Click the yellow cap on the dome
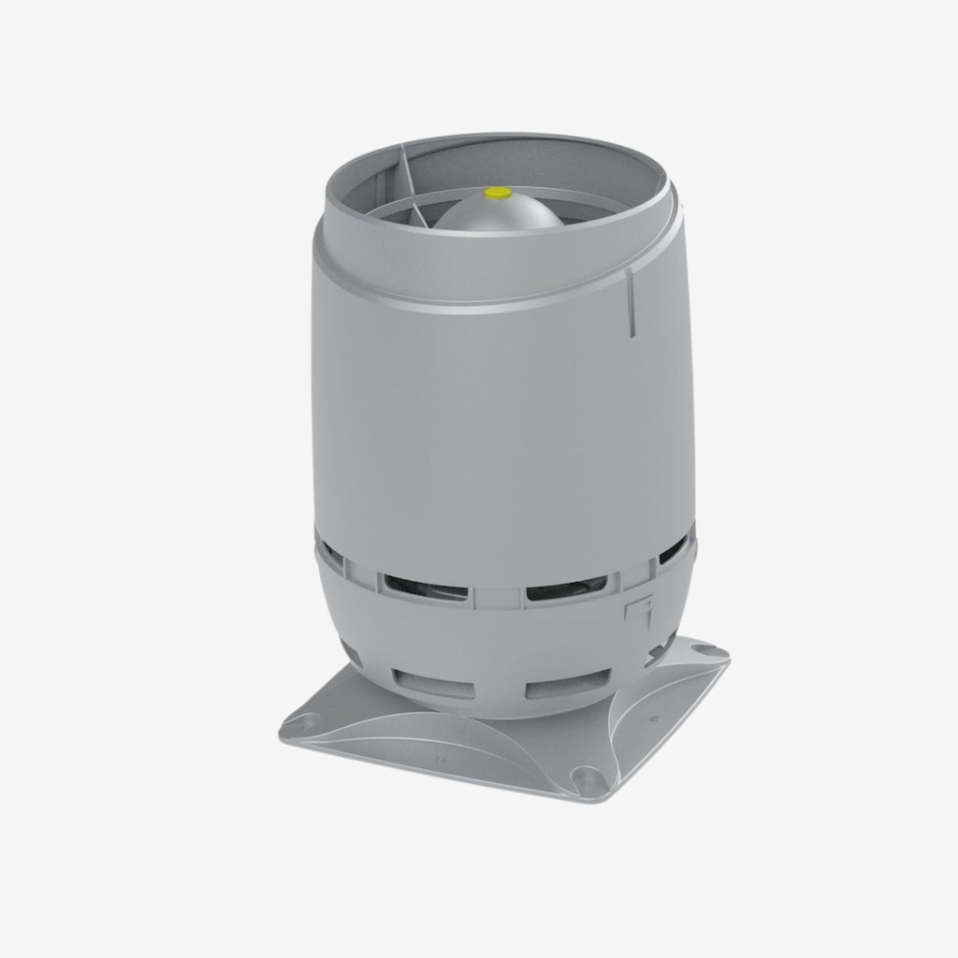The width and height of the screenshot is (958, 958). (497, 193)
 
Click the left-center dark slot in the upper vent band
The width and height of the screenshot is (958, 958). (422, 587)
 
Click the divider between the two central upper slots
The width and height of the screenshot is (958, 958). (496, 595)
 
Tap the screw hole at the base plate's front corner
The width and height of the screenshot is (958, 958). (586, 776)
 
